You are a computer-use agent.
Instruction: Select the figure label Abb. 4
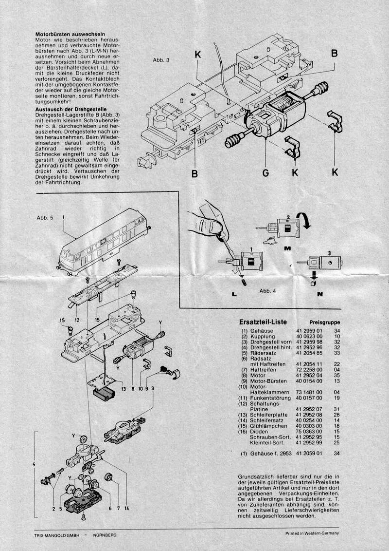coord(267,291)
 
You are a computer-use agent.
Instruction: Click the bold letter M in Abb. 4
coord(287,248)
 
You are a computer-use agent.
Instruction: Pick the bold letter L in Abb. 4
coord(222,295)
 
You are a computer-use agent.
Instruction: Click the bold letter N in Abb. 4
coord(320,295)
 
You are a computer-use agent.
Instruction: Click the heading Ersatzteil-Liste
coord(263,323)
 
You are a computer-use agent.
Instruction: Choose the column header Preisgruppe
coord(324,323)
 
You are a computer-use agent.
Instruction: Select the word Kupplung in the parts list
coord(263,337)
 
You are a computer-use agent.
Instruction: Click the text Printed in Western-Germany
coord(312,533)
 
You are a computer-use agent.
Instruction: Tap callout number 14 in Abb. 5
coord(126,508)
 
